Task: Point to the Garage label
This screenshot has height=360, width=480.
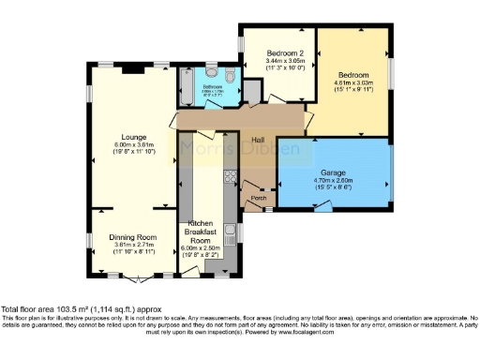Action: coord(334,173)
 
